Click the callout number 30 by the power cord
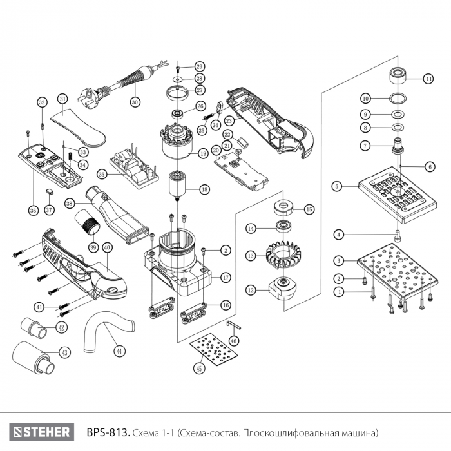pos(135,101)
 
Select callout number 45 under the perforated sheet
pos(200,369)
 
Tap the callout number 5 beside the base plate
pos(336,186)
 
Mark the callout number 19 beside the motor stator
pos(203,154)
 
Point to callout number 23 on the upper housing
pos(229,120)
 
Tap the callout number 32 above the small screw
pos(42,102)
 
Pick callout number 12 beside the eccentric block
pos(250,290)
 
